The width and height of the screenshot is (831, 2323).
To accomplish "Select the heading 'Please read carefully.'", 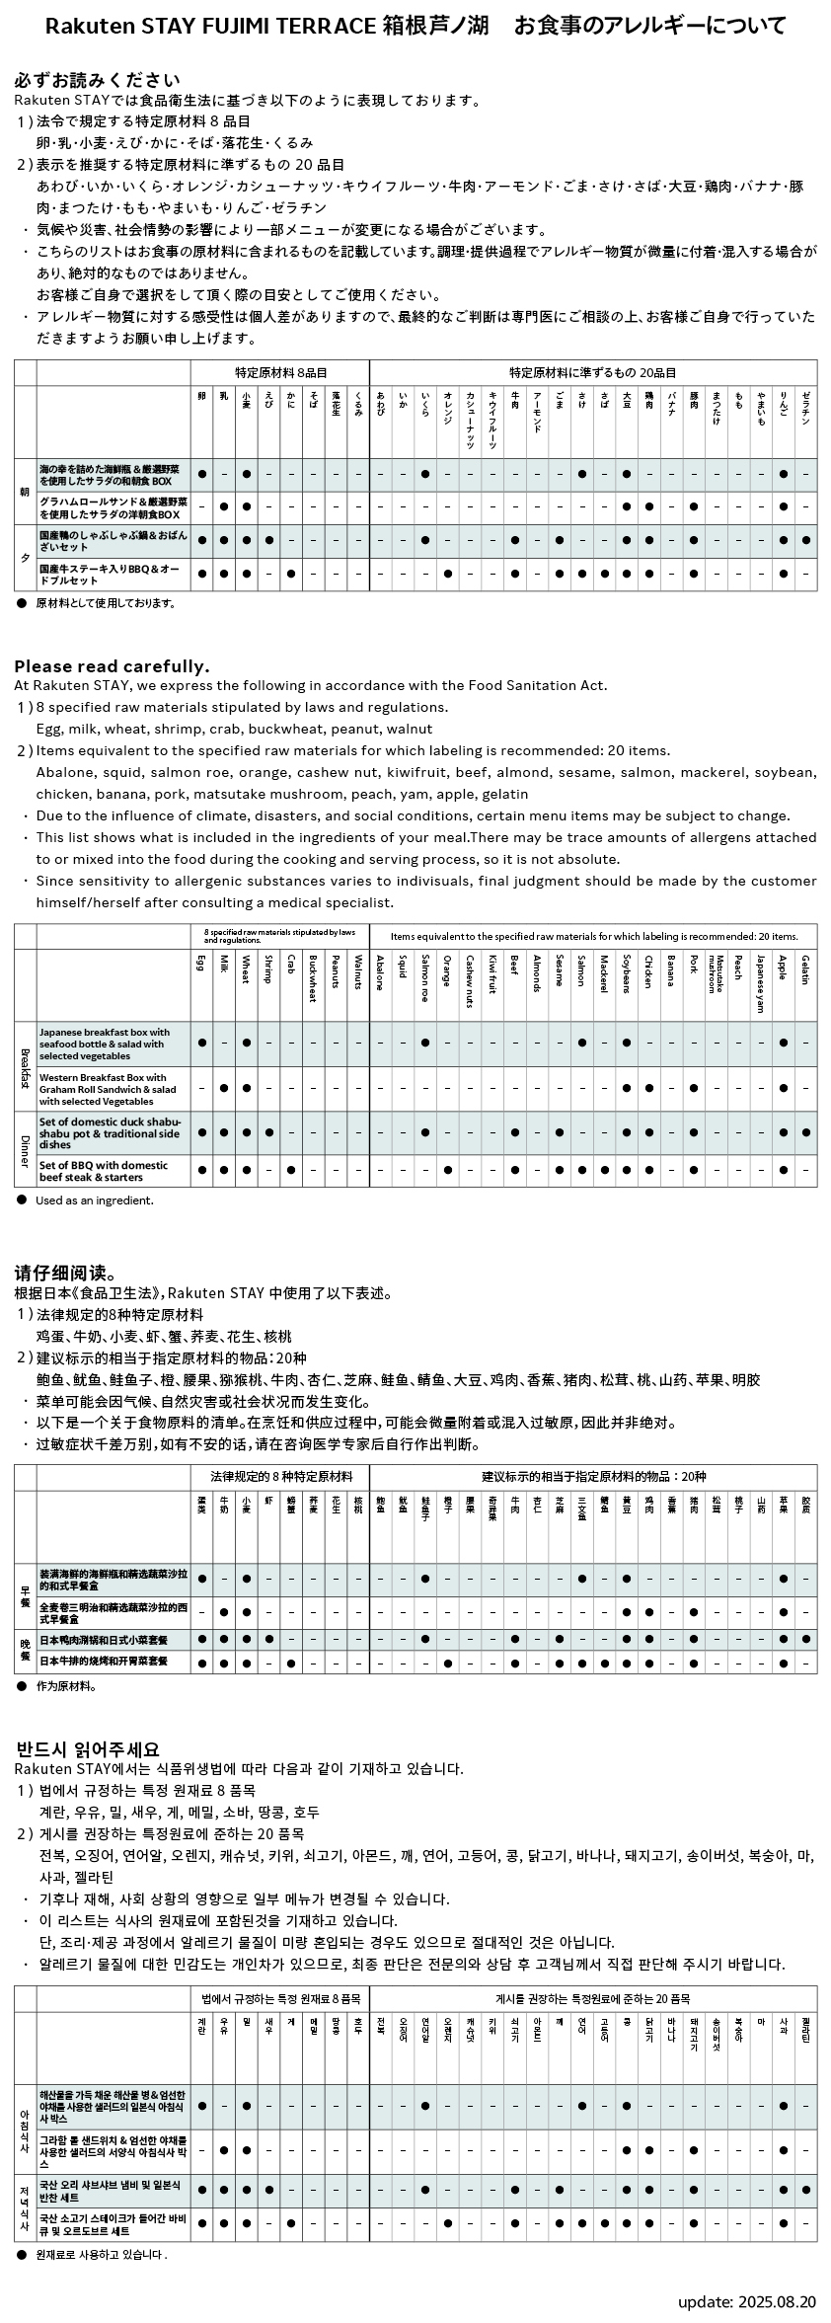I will click(112, 666).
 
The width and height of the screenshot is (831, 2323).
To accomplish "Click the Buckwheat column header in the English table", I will click(313, 977).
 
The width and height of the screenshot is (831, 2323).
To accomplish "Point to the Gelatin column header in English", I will click(805, 968).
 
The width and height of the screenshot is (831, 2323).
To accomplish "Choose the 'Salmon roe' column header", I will click(424, 977).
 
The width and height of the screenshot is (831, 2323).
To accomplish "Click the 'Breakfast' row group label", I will click(25, 1067).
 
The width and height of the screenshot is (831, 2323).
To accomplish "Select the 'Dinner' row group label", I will click(25, 1148).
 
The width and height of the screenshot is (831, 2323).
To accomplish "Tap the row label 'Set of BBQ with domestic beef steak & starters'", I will click(104, 1171).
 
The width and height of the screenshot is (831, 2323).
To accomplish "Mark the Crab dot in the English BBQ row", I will click(290, 1170).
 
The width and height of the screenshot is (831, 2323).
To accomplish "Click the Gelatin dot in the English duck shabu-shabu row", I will click(805, 1132).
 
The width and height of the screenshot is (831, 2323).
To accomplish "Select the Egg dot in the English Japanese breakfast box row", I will click(201, 1043).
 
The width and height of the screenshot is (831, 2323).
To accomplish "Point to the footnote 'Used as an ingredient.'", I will click(95, 1200).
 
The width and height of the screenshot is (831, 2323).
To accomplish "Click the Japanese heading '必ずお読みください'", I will click(97, 80).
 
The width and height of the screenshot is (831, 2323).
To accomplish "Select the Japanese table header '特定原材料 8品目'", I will click(280, 372).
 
